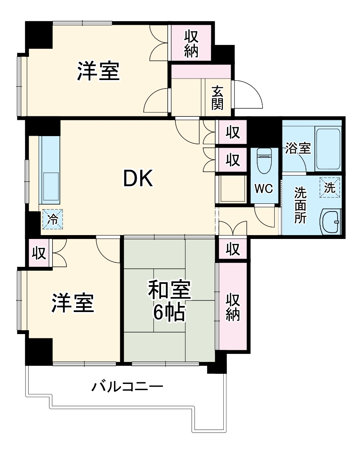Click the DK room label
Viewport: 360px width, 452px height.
[x=138, y=179]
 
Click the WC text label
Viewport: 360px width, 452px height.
[x=264, y=189]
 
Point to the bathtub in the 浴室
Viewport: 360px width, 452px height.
[x=328, y=149]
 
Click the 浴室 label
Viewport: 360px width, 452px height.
[x=298, y=148]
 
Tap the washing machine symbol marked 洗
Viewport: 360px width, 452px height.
[x=330, y=188]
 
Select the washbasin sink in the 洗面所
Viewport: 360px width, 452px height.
[x=331, y=222]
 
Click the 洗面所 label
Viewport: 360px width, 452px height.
[x=300, y=205]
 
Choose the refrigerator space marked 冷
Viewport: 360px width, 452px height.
[x=52, y=219]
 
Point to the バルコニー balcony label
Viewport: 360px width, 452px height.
[x=127, y=387]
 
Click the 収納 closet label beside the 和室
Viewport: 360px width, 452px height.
[x=233, y=307]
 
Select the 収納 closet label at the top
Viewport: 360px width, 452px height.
[x=191, y=43]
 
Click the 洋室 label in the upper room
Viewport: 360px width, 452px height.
[x=98, y=71]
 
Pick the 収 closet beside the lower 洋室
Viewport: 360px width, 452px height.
[x=39, y=253]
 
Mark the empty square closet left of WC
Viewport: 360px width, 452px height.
[x=231, y=189]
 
